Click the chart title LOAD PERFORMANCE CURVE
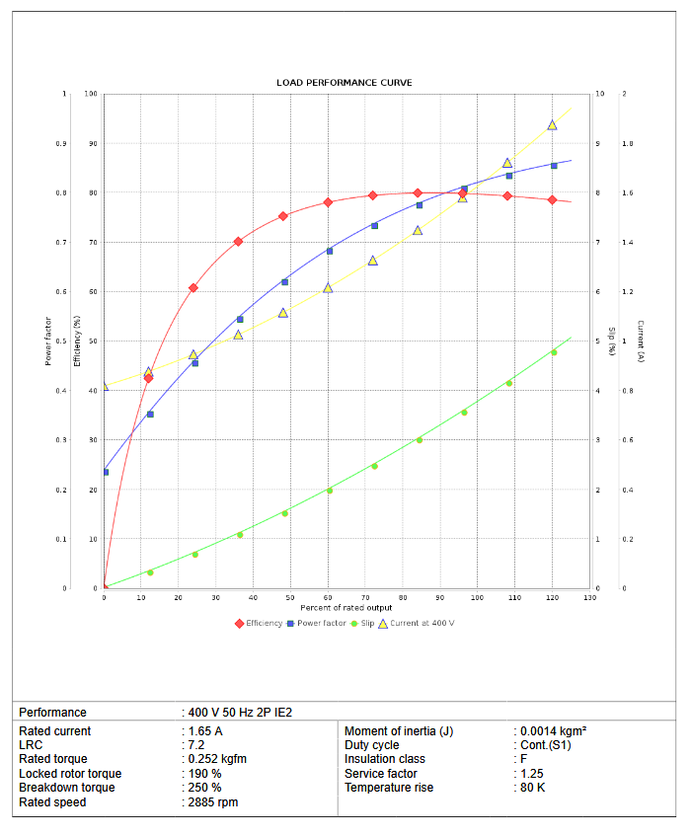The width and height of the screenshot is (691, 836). pos(345,83)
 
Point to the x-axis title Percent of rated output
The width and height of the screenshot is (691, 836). pos(345,607)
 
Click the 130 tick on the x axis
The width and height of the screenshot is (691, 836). pos(589,597)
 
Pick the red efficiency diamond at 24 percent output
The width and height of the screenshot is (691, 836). pos(193,288)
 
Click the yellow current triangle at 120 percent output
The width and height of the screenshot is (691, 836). pos(552,125)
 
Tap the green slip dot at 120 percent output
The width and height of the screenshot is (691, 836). pos(553,352)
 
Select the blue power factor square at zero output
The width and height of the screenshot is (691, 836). pos(105,472)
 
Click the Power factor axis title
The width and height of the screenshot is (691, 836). pos(47,341)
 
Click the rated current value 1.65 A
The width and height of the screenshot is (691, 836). pos(205,731)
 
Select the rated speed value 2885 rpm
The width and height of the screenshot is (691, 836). pos(213,802)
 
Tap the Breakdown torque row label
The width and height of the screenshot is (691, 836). pos(66,788)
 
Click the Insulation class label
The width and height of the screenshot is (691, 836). pos(384,759)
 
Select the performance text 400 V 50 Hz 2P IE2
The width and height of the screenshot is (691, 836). pos(240,713)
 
